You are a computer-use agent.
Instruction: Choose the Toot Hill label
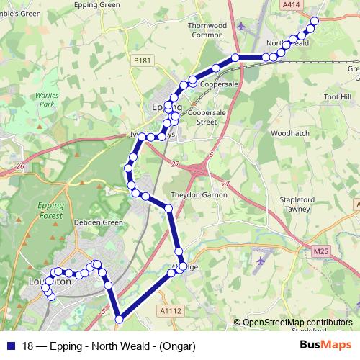(x=337, y=96)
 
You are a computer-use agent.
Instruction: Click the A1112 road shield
(x=168, y=310)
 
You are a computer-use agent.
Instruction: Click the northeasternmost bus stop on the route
(x=314, y=22)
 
